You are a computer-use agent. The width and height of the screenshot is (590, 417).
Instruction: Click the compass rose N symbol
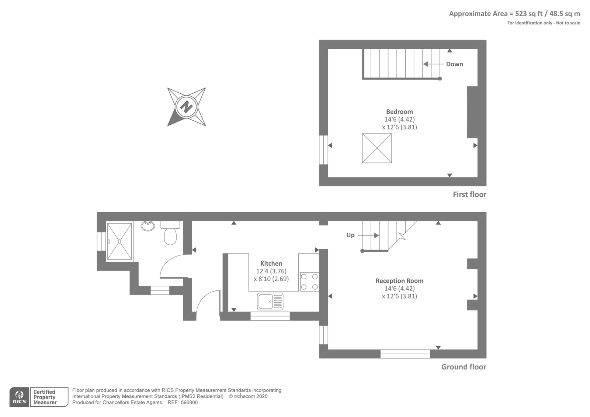click(x=187, y=107)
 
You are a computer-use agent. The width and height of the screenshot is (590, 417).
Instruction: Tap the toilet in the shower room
click(x=170, y=233)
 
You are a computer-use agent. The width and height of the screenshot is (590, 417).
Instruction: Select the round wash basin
click(x=148, y=226)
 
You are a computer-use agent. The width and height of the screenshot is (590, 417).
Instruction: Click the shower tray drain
click(x=119, y=241)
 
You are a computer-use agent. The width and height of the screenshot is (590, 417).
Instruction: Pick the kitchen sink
click(x=270, y=301)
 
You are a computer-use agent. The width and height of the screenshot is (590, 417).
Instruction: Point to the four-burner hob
click(x=309, y=282)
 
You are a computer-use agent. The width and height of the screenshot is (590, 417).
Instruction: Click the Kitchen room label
click(x=271, y=263)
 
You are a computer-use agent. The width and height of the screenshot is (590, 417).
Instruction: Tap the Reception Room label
click(x=400, y=281)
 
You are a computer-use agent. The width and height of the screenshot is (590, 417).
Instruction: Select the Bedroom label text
click(x=400, y=111)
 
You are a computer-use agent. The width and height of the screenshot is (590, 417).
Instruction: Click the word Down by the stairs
click(x=455, y=64)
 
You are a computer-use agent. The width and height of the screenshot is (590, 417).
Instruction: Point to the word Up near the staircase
click(x=350, y=235)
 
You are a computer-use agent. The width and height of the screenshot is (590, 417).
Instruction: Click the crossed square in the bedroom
click(x=377, y=148)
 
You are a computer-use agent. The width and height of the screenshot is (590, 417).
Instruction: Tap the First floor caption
click(x=470, y=194)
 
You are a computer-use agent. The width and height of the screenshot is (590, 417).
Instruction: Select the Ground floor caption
click(x=464, y=367)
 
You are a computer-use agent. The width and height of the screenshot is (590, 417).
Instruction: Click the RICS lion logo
click(x=20, y=397)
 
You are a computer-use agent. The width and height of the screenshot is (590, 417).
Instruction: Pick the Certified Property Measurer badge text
click(x=45, y=397)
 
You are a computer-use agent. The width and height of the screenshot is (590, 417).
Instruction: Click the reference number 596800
click(x=189, y=403)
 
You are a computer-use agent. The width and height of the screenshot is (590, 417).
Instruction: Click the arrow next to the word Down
click(x=434, y=64)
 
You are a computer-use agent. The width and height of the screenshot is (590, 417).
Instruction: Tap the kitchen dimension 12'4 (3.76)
click(x=271, y=271)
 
